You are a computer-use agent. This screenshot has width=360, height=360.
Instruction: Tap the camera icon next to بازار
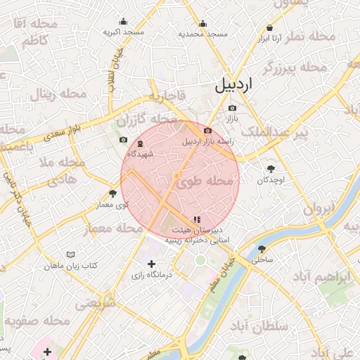click(233, 108)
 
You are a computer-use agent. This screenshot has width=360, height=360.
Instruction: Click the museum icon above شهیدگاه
click(140, 143)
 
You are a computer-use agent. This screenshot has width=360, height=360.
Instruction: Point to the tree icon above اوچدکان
click(271, 169)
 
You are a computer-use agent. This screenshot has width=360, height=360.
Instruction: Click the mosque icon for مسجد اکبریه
click(124, 21)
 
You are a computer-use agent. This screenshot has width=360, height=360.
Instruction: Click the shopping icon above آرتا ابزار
click(269, 28)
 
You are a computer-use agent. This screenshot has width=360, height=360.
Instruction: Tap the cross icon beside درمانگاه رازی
click(151, 264)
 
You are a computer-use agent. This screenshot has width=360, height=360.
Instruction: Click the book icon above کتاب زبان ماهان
click(70, 254)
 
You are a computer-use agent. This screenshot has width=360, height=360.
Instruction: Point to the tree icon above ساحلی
click(262, 249)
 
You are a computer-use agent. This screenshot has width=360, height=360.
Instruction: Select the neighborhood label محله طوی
click(204, 181)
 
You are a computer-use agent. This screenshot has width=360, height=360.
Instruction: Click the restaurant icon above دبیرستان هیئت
click(197, 219)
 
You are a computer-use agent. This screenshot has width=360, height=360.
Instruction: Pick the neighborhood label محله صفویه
click(38, 321)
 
